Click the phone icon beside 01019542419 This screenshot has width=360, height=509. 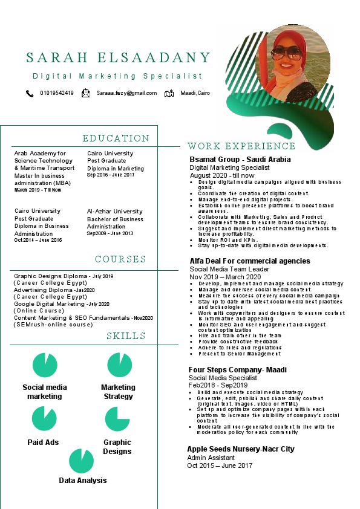coord(30,94)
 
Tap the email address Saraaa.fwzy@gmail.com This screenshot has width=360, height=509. coord(126,93)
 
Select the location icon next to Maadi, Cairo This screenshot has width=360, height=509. coord(169,94)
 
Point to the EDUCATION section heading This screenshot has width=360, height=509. coord(116,138)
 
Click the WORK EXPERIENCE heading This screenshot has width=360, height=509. coord(241,146)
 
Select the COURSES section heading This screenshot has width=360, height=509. coord(120,259)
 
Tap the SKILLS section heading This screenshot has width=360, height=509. coord(126,336)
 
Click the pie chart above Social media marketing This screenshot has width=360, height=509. coord(44,366)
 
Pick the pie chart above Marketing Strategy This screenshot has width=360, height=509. coord(119,365)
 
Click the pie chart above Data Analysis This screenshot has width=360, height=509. coord(81,461)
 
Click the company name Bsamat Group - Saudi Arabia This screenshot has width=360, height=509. coord(240,160)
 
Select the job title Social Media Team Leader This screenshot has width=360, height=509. coord(230,269)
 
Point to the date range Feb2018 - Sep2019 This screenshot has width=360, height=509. coord(218,385)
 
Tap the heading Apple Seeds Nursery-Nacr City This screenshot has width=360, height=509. coord(241,449)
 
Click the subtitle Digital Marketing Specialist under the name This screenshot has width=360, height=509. coord(117,76)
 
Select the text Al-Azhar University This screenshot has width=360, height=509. coord(115,212)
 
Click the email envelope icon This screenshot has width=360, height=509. coord(86,93)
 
